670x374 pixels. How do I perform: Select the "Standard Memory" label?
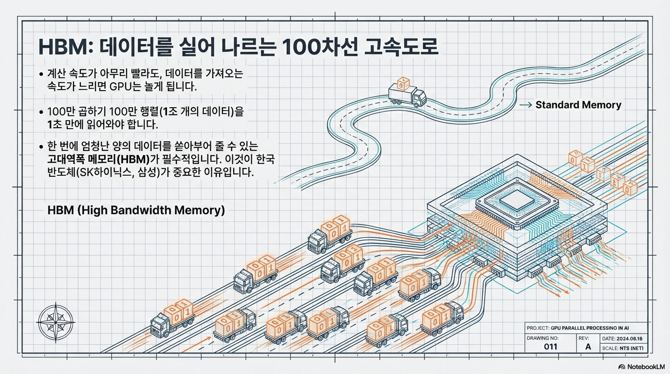point(578,105)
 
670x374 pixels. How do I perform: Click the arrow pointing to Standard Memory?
point(525,105)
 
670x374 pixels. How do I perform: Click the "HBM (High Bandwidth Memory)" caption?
point(136,210)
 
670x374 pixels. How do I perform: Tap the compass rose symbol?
point(56,320)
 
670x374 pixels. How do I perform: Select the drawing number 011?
point(550,347)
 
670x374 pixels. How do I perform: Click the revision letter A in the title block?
point(588,347)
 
